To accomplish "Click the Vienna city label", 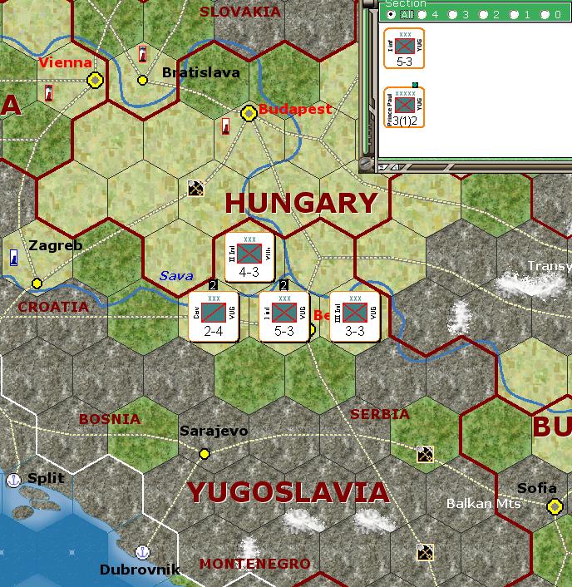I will (x=64, y=62).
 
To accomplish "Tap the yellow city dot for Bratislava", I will (x=142, y=80).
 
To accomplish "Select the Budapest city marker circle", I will (x=248, y=112).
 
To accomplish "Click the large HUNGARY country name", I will (x=301, y=203).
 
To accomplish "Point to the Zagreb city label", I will (x=56, y=245).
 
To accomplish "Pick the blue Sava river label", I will (x=176, y=275).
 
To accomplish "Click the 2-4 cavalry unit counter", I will (x=214, y=316).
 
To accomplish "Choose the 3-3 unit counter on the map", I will (x=355, y=316).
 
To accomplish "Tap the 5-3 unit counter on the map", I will (x=284, y=316).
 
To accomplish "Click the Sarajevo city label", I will (x=214, y=431).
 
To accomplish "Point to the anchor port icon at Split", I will (x=13, y=480).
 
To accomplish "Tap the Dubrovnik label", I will (x=140, y=570).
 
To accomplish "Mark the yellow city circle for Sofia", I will (x=555, y=506).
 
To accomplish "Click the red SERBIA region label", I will (x=380, y=414).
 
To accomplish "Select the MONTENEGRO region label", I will (x=254, y=564).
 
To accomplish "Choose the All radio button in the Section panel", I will (x=392, y=14).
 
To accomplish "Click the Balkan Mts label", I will (x=483, y=504).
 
